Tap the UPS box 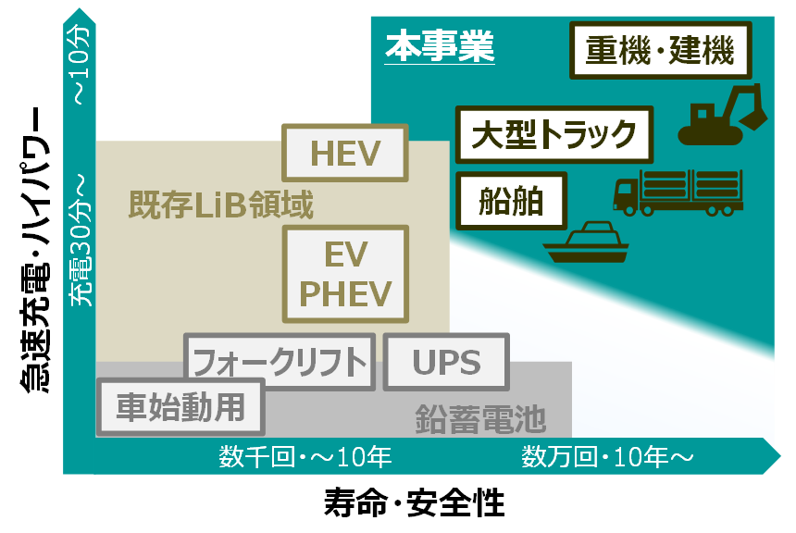tap(446, 362)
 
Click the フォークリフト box tap(280, 362)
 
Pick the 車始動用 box tap(180, 408)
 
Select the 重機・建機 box tap(660, 52)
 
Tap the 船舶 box tap(511, 201)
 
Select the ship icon tap(586, 242)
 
